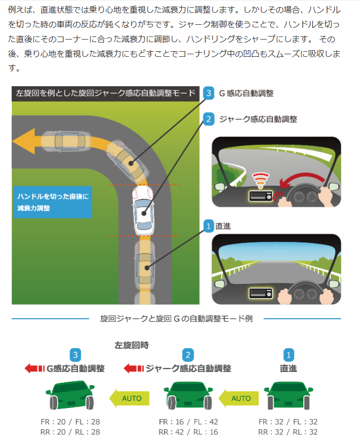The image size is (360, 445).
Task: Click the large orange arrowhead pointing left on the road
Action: coord(25,140)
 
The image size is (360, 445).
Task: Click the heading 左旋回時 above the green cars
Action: coord(132,345)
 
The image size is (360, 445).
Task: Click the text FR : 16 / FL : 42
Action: coord(188,422)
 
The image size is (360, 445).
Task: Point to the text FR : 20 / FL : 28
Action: coord(70,422)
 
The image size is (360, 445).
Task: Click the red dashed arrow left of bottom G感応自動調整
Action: coord(34,368)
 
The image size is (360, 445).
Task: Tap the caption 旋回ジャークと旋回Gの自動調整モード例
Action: coord(176,319)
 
